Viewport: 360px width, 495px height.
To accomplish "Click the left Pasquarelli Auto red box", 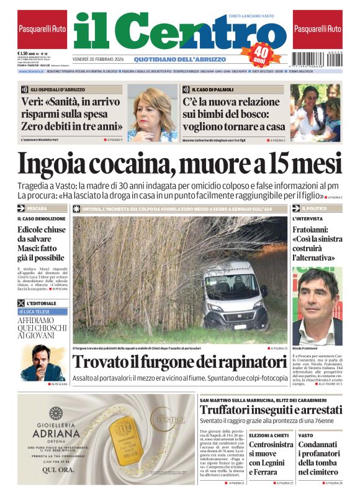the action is pos(42,29).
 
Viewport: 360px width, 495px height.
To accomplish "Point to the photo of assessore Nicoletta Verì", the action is pos(152,114).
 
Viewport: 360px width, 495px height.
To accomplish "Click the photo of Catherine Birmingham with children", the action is pos(315,113).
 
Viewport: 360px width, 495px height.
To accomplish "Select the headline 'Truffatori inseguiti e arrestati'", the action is pos(271,410).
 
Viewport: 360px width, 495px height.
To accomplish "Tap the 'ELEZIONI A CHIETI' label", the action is pos(268,435).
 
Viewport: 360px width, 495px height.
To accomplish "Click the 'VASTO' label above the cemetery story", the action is pos(305,435).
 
